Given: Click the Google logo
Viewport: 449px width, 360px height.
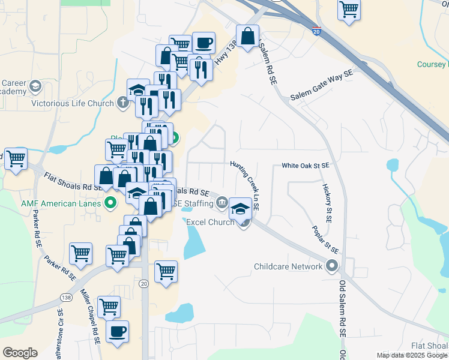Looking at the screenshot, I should click(x=20, y=353).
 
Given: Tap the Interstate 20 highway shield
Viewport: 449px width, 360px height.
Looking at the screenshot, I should click(x=316, y=30).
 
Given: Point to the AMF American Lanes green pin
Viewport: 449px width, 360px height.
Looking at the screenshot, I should click(x=110, y=203).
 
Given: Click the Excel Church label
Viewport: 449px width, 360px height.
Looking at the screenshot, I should click(x=210, y=222).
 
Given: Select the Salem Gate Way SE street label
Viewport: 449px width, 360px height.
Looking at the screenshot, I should click(x=321, y=88).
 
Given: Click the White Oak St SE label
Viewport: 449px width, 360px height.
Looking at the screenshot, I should click(x=306, y=165).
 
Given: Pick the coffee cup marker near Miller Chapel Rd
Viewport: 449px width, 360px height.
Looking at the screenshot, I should click(x=117, y=331).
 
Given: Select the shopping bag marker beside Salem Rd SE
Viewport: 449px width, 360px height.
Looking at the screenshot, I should click(x=247, y=36).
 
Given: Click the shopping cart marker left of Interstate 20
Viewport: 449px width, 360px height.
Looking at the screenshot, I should click(x=349, y=10).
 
